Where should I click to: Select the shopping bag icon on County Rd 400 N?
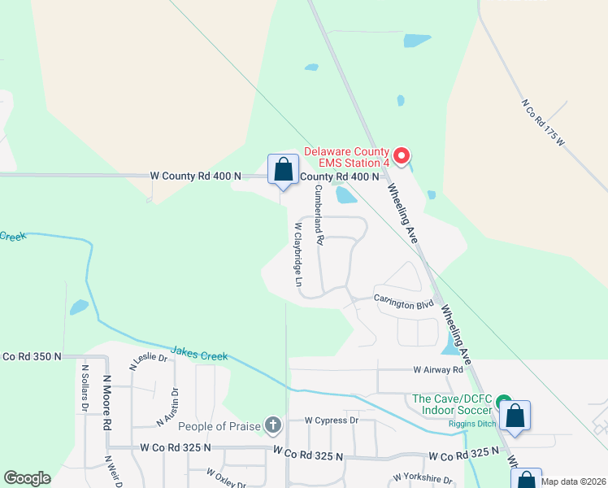(x=283, y=171)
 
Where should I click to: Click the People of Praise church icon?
(x=273, y=425)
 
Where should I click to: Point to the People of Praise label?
(x=219, y=426)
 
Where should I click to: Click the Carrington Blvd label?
(x=404, y=299)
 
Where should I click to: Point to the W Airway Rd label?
(x=437, y=370)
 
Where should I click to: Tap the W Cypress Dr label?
(x=332, y=420)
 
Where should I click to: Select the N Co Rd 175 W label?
(x=543, y=122)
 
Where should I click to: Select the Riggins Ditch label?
(x=471, y=423)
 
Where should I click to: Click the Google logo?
(x=27, y=478)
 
